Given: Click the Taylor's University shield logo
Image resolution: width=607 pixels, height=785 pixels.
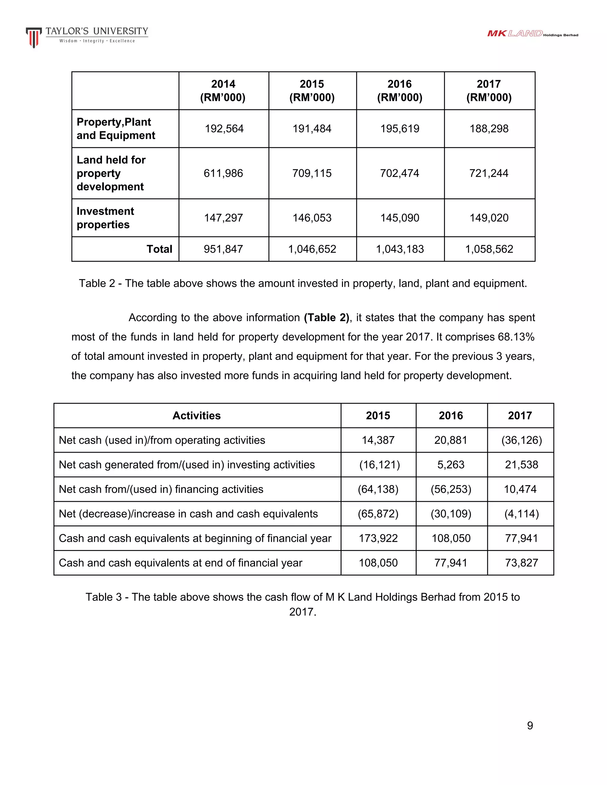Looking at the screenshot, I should click(33, 37).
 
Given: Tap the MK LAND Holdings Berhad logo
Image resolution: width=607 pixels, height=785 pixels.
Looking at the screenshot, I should click(532, 34).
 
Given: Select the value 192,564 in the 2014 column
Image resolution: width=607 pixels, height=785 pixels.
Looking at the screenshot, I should click(224, 129).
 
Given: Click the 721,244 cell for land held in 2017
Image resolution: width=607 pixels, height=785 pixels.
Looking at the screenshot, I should click(489, 173).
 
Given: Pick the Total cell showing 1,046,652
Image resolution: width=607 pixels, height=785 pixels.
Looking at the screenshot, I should click(312, 249).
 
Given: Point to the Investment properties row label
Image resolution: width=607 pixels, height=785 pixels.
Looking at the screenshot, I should click(105, 218).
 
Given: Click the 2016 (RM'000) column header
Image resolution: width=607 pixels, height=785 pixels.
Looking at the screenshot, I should click(400, 91).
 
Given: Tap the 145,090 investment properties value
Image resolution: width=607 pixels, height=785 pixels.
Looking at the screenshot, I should click(400, 218).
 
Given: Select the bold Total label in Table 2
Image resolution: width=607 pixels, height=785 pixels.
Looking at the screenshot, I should click(159, 249).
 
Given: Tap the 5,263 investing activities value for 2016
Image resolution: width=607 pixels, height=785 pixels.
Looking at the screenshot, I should click(451, 465).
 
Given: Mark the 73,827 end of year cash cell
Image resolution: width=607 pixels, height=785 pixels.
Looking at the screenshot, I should click(521, 563).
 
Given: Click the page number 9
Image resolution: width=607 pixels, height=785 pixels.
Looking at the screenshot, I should click(530, 726).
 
